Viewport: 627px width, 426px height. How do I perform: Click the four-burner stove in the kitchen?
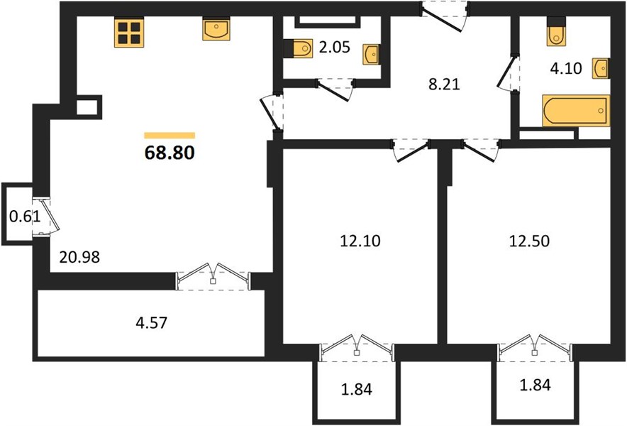pyautogui.click(x=129, y=33)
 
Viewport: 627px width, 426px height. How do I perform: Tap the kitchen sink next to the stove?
pyautogui.click(x=216, y=29)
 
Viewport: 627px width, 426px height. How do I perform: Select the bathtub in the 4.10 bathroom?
pyautogui.click(x=576, y=111)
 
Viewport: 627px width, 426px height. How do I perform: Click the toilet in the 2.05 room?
pyautogui.click(x=299, y=49)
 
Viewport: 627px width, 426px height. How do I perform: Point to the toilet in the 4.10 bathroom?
pyautogui.click(x=556, y=32)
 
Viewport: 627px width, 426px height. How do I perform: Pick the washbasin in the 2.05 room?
pyautogui.click(x=371, y=55)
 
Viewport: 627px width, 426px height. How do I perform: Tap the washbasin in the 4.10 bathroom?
pyautogui.click(x=601, y=68)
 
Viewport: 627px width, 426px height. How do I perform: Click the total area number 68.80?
pyautogui.click(x=170, y=153)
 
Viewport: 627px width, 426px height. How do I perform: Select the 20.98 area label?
pyautogui.click(x=79, y=257)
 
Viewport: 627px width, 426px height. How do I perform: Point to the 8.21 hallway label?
pyautogui.click(x=444, y=84)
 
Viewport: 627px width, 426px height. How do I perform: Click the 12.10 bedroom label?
pyautogui.click(x=360, y=241)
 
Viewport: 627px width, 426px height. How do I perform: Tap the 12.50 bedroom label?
pyautogui.click(x=529, y=241)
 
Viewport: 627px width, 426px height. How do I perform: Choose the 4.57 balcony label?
pyautogui.click(x=152, y=323)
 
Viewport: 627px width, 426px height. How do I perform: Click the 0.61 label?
pyautogui.click(x=25, y=217)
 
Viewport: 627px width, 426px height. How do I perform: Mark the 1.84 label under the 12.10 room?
pyautogui.click(x=357, y=389)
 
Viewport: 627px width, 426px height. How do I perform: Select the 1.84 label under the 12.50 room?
pyautogui.click(x=535, y=385)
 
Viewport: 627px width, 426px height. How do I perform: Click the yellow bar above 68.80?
pyautogui.click(x=170, y=136)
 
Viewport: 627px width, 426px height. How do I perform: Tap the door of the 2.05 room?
pyautogui.click(x=334, y=89)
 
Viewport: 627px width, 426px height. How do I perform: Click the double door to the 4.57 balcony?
pyautogui.click(x=213, y=276)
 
